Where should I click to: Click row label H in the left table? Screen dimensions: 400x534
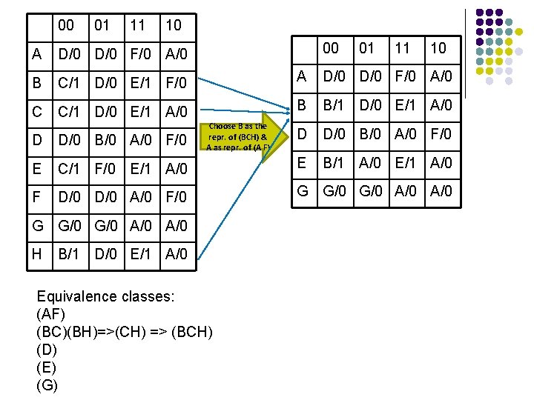37,254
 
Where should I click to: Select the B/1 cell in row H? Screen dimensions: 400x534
68,254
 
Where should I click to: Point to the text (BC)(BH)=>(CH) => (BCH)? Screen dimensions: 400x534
124,331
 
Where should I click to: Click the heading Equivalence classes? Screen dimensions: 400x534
105,296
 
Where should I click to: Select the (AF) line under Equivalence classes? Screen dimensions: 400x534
50,313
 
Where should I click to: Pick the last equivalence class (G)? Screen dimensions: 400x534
47,384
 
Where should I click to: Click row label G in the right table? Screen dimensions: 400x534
303,191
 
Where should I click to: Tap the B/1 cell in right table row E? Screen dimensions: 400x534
334,162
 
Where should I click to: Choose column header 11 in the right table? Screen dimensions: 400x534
402,49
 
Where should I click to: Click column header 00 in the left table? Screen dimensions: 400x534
66,25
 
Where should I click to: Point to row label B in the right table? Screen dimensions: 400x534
302,105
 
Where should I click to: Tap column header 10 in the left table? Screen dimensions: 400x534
173,25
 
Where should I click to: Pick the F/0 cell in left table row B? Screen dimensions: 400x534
177,82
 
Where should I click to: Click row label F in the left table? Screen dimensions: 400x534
36,197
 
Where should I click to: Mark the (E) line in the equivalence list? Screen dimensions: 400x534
46,367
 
